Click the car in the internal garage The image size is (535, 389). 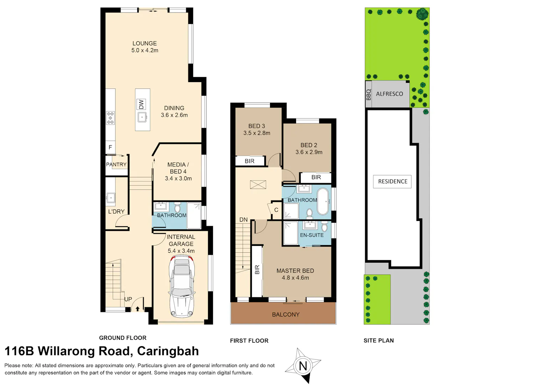182,286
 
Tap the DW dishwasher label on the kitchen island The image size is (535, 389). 141,104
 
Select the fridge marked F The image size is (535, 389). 110,147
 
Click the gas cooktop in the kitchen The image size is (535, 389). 110,118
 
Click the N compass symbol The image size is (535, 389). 303,366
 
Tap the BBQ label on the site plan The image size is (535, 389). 369,95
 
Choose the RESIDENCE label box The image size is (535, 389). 392,182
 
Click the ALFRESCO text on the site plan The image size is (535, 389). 389,94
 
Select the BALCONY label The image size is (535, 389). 286,314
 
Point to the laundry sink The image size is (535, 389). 111,198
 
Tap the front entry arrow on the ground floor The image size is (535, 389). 137,309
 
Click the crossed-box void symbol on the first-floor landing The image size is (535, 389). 258,185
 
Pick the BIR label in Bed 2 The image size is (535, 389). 316,177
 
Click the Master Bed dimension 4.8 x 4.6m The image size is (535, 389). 295,278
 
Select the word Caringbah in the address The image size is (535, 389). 168,351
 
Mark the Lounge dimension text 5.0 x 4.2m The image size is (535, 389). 145,50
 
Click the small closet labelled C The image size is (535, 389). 276,210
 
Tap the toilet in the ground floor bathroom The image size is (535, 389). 177,208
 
